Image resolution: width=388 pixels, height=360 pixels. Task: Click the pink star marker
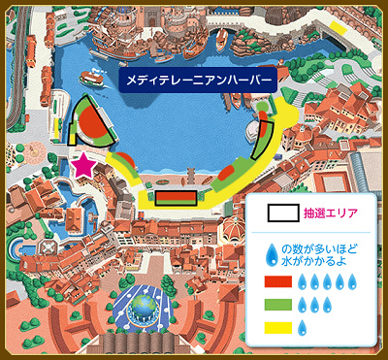(x=84, y=165)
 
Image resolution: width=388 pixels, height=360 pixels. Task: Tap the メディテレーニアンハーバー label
(x=198, y=82)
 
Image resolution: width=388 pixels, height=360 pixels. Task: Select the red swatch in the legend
(x=277, y=282)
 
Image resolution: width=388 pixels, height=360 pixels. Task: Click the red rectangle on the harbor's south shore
(x=176, y=198)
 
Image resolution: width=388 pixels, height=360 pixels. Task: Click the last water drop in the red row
(x=356, y=282)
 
